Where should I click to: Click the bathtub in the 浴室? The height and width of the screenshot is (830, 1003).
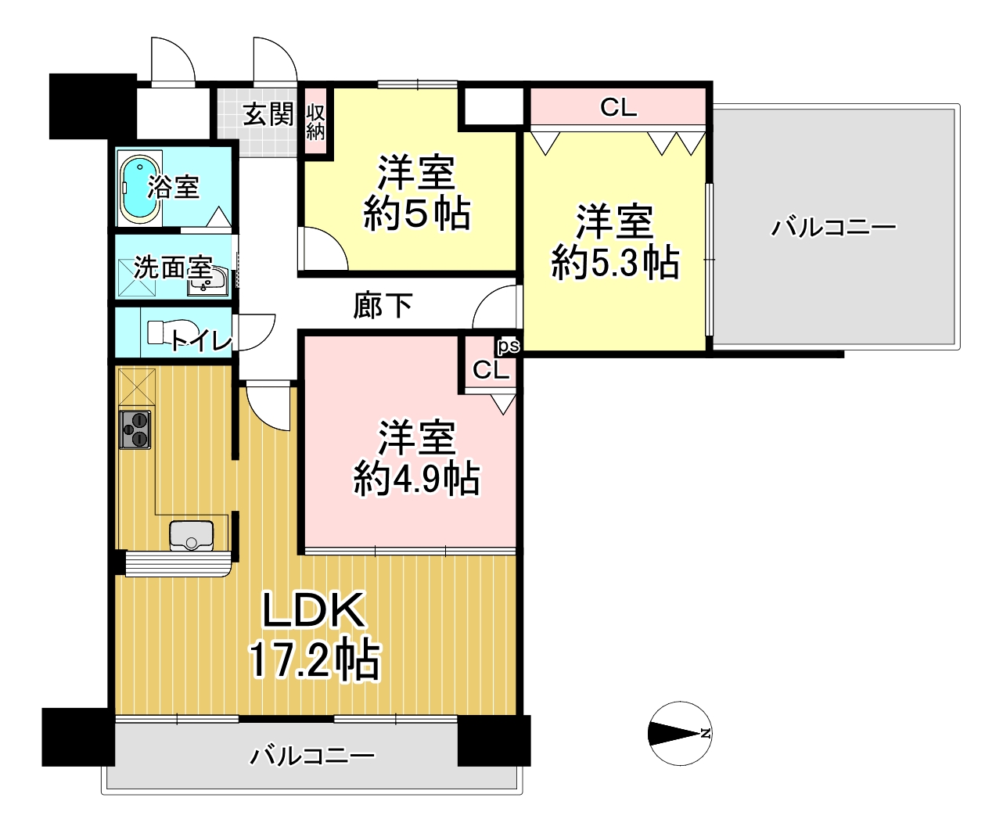pyautogui.click(x=140, y=189)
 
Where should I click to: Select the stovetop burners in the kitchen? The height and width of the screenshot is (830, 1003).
pyautogui.click(x=135, y=429)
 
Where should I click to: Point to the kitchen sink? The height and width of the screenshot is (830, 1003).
pyautogui.click(x=192, y=535)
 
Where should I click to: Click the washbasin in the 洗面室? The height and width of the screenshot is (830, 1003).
pyautogui.click(x=207, y=283)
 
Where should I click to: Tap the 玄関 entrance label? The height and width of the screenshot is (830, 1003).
pyautogui.click(x=268, y=114)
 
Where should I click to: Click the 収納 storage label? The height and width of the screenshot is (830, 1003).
pyautogui.click(x=315, y=122)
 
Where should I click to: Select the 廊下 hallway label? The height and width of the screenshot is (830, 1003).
pyautogui.click(x=383, y=306)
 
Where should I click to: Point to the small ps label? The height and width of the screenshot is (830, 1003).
pyautogui.click(x=509, y=346)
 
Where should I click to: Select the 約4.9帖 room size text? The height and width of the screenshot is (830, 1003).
pyautogui.click(x=416, y=479)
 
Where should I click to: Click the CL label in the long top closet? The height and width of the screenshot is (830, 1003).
pyautogui.click(x=618, y=108)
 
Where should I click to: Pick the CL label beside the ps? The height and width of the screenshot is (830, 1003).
pyautogui.click(x=491, y=370)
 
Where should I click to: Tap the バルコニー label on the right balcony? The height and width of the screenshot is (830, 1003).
pyautogui.click(x=833, y=227)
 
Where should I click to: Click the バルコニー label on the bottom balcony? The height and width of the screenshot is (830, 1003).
pyautogui.click(x=313, y=756)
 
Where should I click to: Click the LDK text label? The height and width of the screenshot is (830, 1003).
pyautogui.click(x=313, y=610)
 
